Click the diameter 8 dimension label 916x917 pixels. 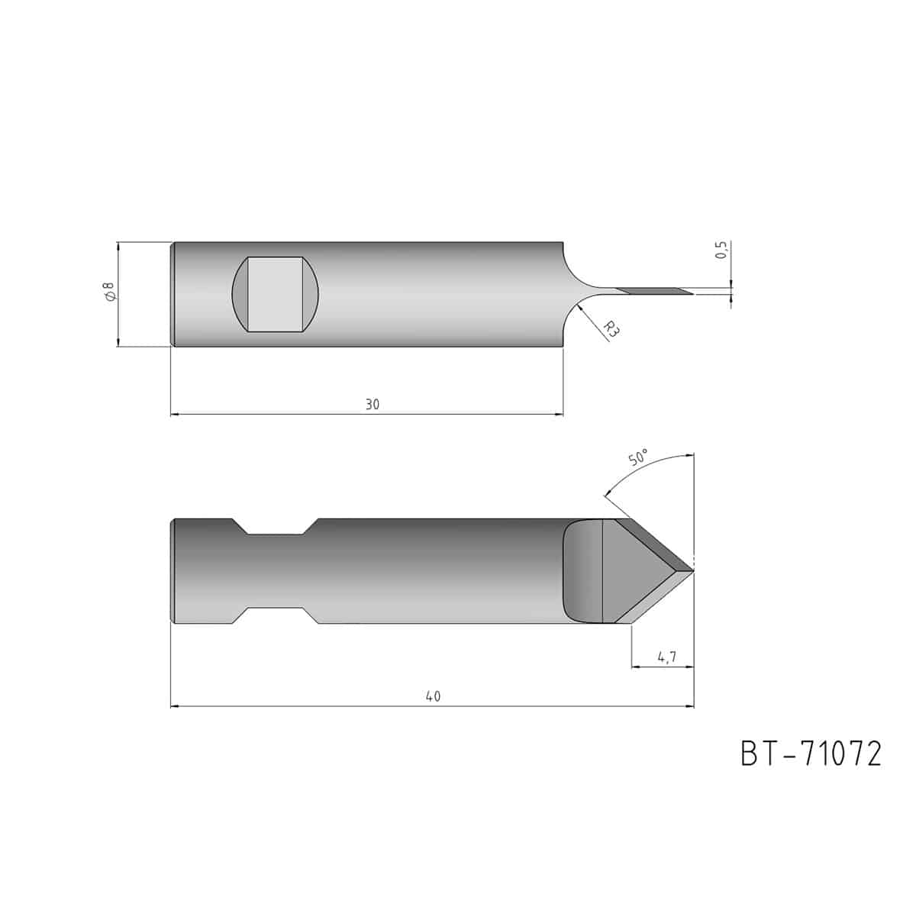109,291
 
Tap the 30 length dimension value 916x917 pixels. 372,405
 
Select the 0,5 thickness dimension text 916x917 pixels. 721,250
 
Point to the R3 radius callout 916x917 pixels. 611,329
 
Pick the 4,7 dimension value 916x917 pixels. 666,657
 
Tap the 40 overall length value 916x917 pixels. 433,696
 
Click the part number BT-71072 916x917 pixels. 811,754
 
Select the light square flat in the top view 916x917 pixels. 275,295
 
